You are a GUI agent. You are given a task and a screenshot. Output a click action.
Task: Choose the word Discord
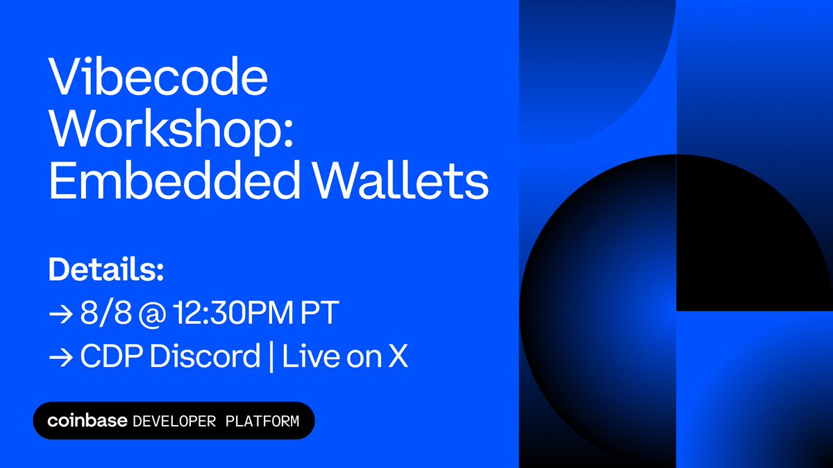202,357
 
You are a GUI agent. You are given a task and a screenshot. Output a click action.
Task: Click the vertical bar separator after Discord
271,357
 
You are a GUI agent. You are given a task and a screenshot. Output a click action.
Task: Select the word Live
308,357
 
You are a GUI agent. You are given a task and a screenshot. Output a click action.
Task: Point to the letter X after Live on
398,357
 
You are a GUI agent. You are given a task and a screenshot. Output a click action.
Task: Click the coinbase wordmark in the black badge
87,421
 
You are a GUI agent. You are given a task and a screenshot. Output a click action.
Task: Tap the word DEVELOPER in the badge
174,421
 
